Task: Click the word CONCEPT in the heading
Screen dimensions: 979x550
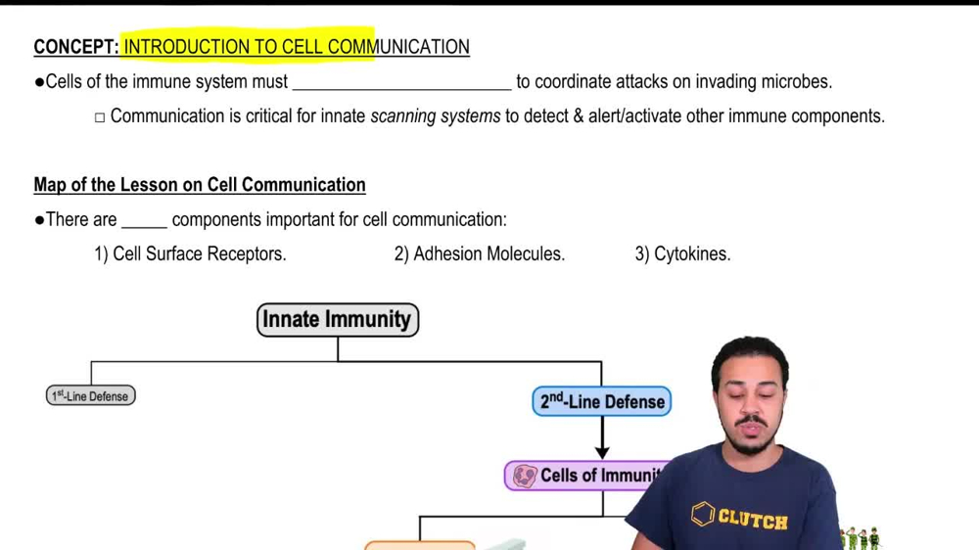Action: point(75,47)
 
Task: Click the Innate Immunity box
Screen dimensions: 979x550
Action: point(338,320)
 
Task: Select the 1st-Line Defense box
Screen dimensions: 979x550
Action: point(90,395)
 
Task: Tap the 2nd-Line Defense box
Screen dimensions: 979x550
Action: point(602,401)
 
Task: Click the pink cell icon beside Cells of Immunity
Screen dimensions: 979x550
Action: point(525,476)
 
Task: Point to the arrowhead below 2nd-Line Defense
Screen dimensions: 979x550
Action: point(602,451)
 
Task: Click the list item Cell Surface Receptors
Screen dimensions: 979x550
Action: point(191,254)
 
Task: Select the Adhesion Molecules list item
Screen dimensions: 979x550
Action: point(480,254)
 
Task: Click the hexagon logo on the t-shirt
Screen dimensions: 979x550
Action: point(702,514)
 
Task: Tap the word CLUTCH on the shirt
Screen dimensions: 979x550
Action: point(753,519)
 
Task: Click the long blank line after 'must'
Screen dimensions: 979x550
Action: point(401,89)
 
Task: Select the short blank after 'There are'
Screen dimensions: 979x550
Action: point(144,227)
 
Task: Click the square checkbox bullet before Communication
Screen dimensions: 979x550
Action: point(100,117)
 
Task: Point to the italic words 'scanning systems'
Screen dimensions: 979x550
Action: point(436,116)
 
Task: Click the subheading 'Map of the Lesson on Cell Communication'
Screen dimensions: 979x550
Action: point(200,185)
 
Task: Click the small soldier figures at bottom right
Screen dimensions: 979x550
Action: point(861,538)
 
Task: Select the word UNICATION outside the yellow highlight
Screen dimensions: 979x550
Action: point(422,47)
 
